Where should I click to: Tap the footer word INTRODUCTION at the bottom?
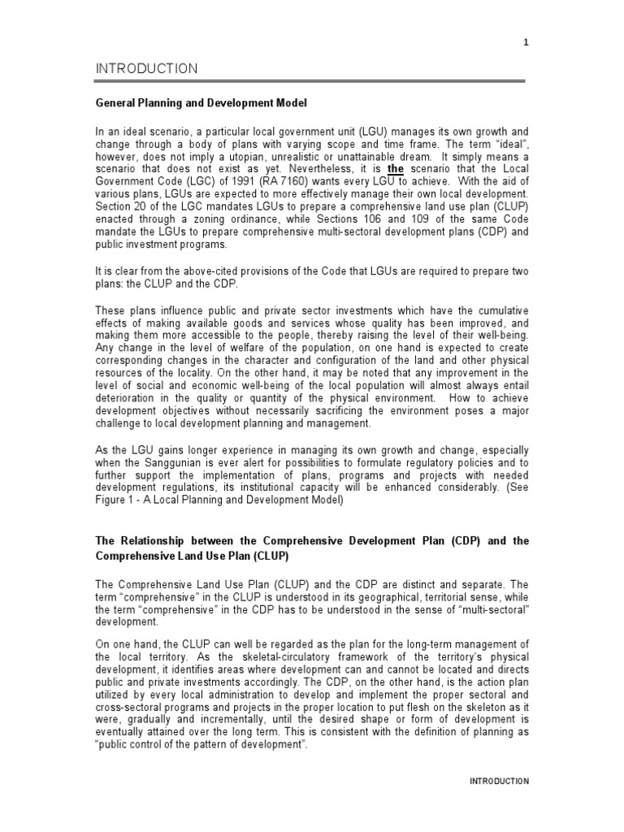tap(499, 781)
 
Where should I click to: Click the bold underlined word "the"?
tap(395, 168)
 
